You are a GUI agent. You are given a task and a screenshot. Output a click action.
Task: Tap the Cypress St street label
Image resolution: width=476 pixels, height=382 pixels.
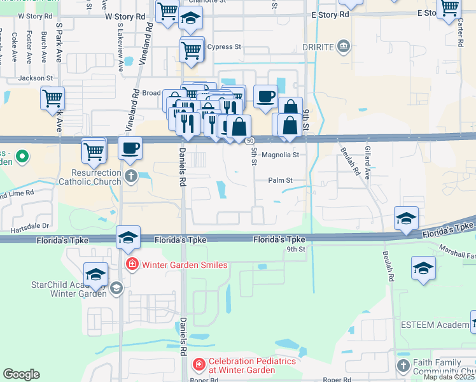pyautogui.click(x=225, y=47)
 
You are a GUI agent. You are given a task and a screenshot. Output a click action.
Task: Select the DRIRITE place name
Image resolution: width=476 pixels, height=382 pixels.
pyautogui.click(x=318, y=46)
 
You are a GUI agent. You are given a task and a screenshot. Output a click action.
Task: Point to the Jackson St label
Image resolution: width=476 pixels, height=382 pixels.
pyautogui.click(x=35, y=78)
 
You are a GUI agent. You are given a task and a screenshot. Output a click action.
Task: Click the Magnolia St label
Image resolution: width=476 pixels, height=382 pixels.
pyautogui.click(x=280, y=155)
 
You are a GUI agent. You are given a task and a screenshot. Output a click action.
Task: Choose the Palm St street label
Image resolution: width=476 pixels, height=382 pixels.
pyautogui.click(x=280, y=181)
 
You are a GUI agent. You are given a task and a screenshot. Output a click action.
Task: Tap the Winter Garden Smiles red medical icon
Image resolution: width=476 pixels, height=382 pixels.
pyautogui.click(x=132, y=264)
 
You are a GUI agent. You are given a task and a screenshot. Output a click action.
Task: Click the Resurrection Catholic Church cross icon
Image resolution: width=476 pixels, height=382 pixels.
pyautogui.click(x=130, y=176)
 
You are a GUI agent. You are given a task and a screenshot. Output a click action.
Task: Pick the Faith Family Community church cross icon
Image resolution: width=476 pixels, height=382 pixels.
pyautogui.click(x=403, y=365)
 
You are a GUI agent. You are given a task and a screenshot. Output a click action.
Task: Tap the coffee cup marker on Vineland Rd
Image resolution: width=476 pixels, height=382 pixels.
pyautogui.click(x=130, y=149)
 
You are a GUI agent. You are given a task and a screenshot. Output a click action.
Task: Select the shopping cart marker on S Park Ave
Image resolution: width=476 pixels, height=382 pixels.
pyautogui.click(x=52, y=99)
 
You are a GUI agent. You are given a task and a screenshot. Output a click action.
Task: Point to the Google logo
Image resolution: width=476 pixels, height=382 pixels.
pyautogui.click(x=22, y=374)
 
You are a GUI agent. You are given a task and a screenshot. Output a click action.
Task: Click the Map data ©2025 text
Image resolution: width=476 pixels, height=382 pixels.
pyautogui.click(x=449, y=377)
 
